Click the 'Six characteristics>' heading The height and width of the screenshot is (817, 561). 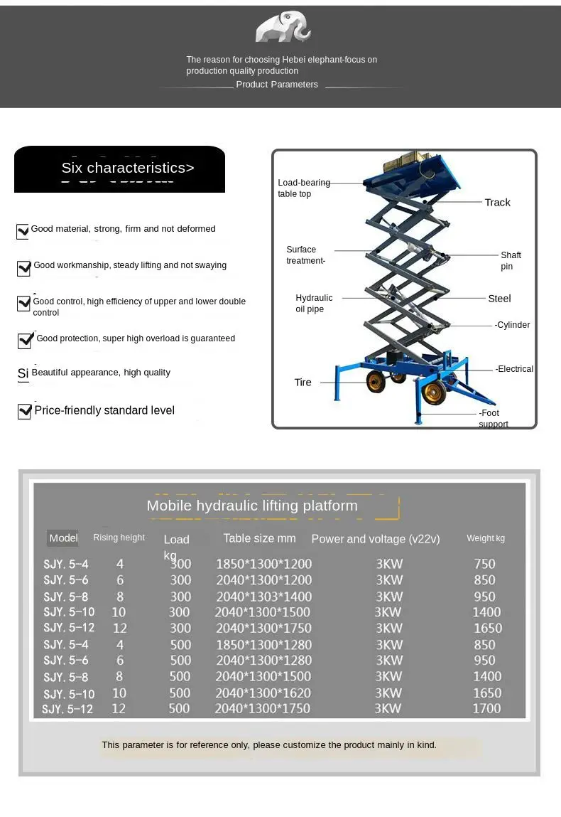(127, 168)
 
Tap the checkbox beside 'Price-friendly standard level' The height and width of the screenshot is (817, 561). (24, 411)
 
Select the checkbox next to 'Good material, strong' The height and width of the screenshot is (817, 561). (23, 231)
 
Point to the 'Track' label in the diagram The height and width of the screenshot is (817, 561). (497, 203)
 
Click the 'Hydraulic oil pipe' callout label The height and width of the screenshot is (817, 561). (314, 304)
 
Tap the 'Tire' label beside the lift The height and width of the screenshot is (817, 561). (303, 383)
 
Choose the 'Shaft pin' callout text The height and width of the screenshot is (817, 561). (511, 260)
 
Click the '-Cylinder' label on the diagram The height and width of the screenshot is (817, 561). (512, 325)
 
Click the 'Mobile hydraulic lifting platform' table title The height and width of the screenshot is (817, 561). (252, 506)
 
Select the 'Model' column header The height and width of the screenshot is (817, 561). (63, 538)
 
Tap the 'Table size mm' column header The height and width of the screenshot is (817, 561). (259, 538)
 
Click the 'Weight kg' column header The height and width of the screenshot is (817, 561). (486, 538)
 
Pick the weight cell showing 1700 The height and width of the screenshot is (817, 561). (486, 708)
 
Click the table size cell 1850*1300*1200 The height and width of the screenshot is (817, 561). (263, 564)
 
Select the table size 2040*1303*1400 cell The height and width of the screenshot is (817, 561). (263, 597)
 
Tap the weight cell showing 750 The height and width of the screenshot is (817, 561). (484, 564)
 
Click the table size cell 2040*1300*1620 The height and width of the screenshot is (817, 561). (263, 693)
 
